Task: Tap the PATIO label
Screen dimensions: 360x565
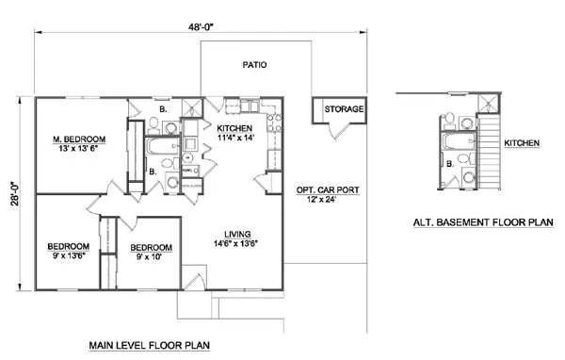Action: pyautogui.click(x=253, y=67)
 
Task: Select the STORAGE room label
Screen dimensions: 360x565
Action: pyautogui.click(x=343, y=110)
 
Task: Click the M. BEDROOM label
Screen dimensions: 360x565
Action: pyautogui.click(x=79, y=138)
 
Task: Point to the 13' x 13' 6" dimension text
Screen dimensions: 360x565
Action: pyautogui.click(x=79, y=148)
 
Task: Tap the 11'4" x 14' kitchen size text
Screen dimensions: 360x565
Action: pyautogui.click(x=235, y=138)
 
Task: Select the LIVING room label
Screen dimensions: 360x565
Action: pyautogui.click(x=236, y=233)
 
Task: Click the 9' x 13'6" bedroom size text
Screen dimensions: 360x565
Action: pyautogui.click(x=68, y=254)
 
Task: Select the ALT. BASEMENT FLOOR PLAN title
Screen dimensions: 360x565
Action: pyautogui.click(x=483, y=223)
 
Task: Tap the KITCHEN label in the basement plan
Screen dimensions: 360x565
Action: pyautogui.click(x=521, y=143)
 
